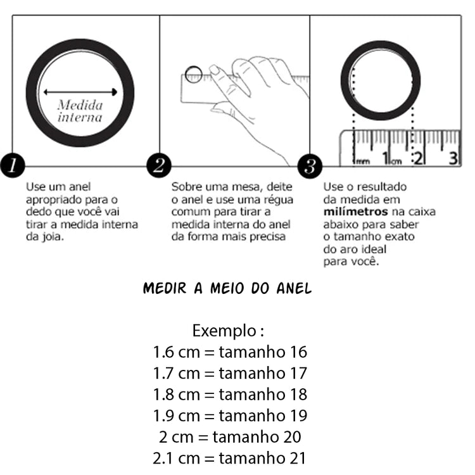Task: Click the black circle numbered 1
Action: tap(12, 166)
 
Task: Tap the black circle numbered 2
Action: tap(159, 166)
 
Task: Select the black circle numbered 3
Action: tap(310, 167)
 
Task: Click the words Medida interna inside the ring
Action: tap(80, 111)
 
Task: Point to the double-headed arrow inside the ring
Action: tap(80, 92)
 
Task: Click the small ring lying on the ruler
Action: tap(194, 73)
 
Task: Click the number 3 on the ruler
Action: tap(453, 158)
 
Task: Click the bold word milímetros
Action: tap(355, 211)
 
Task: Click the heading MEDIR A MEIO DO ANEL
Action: tap(227, 289)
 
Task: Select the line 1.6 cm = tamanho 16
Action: tap(230, 352)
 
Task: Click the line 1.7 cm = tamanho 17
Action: tap(230, 373)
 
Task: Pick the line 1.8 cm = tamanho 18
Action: tap(230, 395)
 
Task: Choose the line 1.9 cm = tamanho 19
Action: tap(230, 415)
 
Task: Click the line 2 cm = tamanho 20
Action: tap(230, 436)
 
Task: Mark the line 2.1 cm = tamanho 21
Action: tap(230, 457)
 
